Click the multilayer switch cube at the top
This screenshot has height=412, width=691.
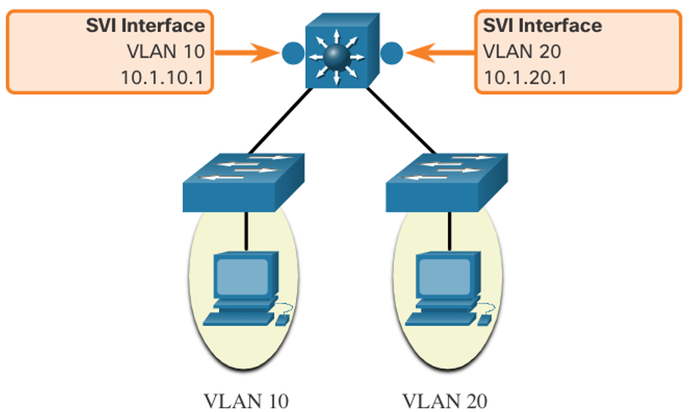click(342, 51)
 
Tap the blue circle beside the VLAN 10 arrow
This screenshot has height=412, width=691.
click(293, 53)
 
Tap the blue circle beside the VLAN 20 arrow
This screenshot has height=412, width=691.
click(391, 53)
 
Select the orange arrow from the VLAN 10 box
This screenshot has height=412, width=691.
click(247, 53)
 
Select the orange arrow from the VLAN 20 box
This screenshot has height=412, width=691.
click(440, 53)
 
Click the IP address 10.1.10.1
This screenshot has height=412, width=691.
click(162, 77)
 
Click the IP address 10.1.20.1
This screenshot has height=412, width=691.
click(525, 77)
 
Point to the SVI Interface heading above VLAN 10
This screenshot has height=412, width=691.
click(145, 25)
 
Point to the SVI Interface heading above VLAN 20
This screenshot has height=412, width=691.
click(543, 25)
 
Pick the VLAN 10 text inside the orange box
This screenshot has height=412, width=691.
click(166, 51)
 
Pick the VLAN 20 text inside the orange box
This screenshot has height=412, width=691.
click(522, 51)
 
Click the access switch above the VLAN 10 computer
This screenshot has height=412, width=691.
click(244, 182)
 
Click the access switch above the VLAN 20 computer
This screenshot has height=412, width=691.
click(447, 182)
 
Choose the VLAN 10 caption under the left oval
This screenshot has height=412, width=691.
click(246, 401)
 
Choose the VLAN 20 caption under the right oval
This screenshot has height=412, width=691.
click(445, 401)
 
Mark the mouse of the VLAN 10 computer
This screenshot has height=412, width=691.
click(282, 320)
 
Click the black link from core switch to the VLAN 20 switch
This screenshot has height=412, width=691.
click(401, 121)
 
